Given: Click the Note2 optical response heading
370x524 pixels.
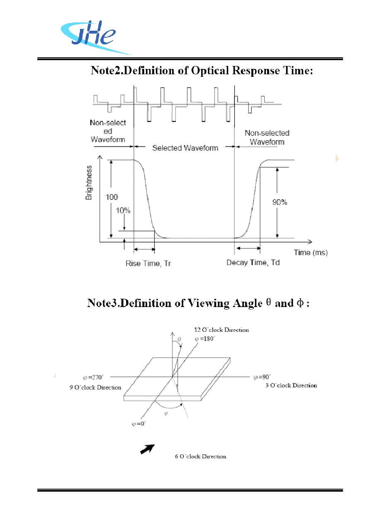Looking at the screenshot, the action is click(x=202, y=71).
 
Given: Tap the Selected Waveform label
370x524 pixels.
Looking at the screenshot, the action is click(x=185, y=148).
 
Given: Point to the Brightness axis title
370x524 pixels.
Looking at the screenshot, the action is click(x=89, y=183).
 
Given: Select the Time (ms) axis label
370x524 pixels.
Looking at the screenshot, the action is click(x=311, y=253).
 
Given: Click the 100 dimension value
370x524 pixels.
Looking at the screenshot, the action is click(x=112, y=197).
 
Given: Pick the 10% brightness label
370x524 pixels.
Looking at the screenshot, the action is click(x=123, y=210).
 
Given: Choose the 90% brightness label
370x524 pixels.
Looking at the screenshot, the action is click(x=280, y=202).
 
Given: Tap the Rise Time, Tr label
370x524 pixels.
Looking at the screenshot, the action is click(x=148, y=263).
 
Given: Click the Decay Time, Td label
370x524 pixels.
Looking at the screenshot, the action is click(x=253, y=263).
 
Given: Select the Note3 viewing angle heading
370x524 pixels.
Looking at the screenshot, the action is click(x=198, y=303).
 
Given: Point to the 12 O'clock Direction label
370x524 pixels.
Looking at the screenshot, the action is click(x=222, y=330).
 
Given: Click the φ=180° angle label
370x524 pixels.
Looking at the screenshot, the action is click(x=205, y=339).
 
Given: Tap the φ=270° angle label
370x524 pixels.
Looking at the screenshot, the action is click(x=93, y=377).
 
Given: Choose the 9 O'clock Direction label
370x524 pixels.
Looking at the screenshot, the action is click(x=95, y=388).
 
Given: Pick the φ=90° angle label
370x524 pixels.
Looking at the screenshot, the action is click(x=262, y=377).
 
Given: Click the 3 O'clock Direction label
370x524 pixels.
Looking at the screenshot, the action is click(x=291, y=385).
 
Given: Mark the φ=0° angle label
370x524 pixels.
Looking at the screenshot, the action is click(x=139, y=424).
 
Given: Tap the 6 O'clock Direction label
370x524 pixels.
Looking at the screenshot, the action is click(x=200, y=456).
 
